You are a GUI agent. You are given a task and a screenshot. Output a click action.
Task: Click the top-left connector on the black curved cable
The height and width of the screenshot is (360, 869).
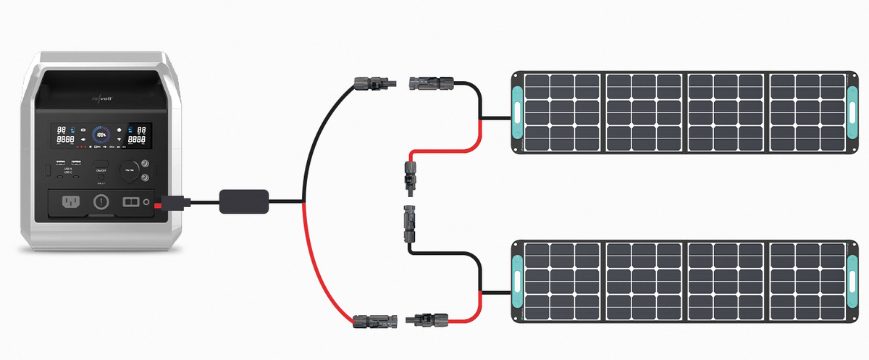(x=374, y=83)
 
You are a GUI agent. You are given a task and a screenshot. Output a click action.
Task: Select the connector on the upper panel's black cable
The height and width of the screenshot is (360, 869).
(x=430, y=82)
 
